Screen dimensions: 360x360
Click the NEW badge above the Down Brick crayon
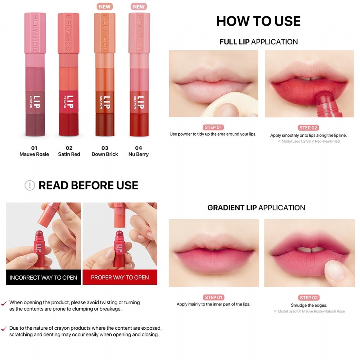click(x=105, y=6)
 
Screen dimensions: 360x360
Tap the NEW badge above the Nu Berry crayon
click(x=139, y=6)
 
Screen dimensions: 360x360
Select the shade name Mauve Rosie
click(x=34, y=154)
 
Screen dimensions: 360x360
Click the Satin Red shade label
click(x=69, y=154)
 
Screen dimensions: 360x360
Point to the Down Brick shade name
click(x=105, y=154)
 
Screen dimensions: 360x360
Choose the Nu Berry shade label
click(x=139, y=154)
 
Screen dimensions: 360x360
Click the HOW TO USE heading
click(x=258, y=21)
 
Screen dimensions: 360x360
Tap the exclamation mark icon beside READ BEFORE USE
click(x=30, y=185)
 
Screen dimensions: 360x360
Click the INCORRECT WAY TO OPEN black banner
click(x=44, y=277)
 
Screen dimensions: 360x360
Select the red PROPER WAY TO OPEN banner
click(x=120, y=277)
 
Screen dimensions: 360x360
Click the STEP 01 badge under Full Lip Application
click(x=213, y=127)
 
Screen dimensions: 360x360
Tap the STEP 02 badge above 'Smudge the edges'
click(x=309, y=298)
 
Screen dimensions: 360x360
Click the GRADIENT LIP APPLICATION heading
click(x=256, y=208)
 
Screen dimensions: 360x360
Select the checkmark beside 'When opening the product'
click(x=4, y=303)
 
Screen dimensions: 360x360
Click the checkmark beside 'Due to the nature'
click(x=4, y=329)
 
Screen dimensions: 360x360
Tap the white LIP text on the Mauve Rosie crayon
click(x=36, y=102)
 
